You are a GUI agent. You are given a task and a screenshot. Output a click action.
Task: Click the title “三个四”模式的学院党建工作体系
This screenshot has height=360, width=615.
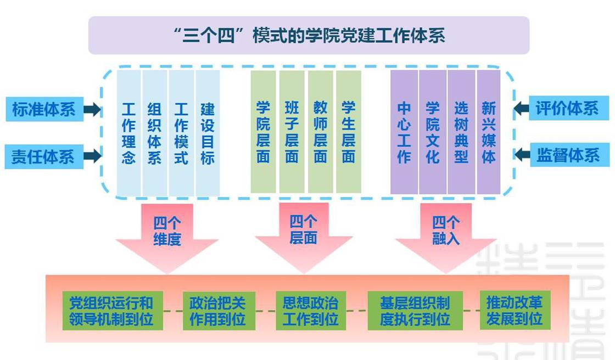pos(309,36)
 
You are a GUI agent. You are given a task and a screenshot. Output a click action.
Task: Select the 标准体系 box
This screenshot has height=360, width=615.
pos(44,109)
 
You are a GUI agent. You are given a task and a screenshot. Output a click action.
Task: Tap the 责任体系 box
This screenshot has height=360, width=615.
pos(44,156)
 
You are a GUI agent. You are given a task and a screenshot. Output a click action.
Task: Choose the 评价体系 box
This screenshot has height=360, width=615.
pos(568,108)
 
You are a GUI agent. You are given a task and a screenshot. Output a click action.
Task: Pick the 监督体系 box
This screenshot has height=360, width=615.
pos(568,156)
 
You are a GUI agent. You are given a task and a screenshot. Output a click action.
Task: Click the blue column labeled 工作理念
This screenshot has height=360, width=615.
pos(128,133)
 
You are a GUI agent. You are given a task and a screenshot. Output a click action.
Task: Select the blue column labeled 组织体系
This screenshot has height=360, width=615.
pos(155,133)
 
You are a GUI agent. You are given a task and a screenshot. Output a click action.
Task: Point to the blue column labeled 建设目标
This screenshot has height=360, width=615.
pos(208,133)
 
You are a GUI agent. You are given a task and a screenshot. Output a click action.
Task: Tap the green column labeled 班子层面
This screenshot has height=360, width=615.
pos(292,132)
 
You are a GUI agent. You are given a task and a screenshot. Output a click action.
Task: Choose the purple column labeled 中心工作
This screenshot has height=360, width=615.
pos(404,132)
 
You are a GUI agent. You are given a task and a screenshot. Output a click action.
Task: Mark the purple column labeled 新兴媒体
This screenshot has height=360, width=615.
pos(488,132)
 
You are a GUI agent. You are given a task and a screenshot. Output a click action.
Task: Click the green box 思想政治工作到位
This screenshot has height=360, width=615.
pos(310,311)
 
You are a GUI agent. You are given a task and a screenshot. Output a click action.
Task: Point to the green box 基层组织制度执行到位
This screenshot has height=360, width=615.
pos(415,311)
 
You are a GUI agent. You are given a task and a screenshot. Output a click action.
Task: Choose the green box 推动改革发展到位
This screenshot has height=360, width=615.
pos(515,311)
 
